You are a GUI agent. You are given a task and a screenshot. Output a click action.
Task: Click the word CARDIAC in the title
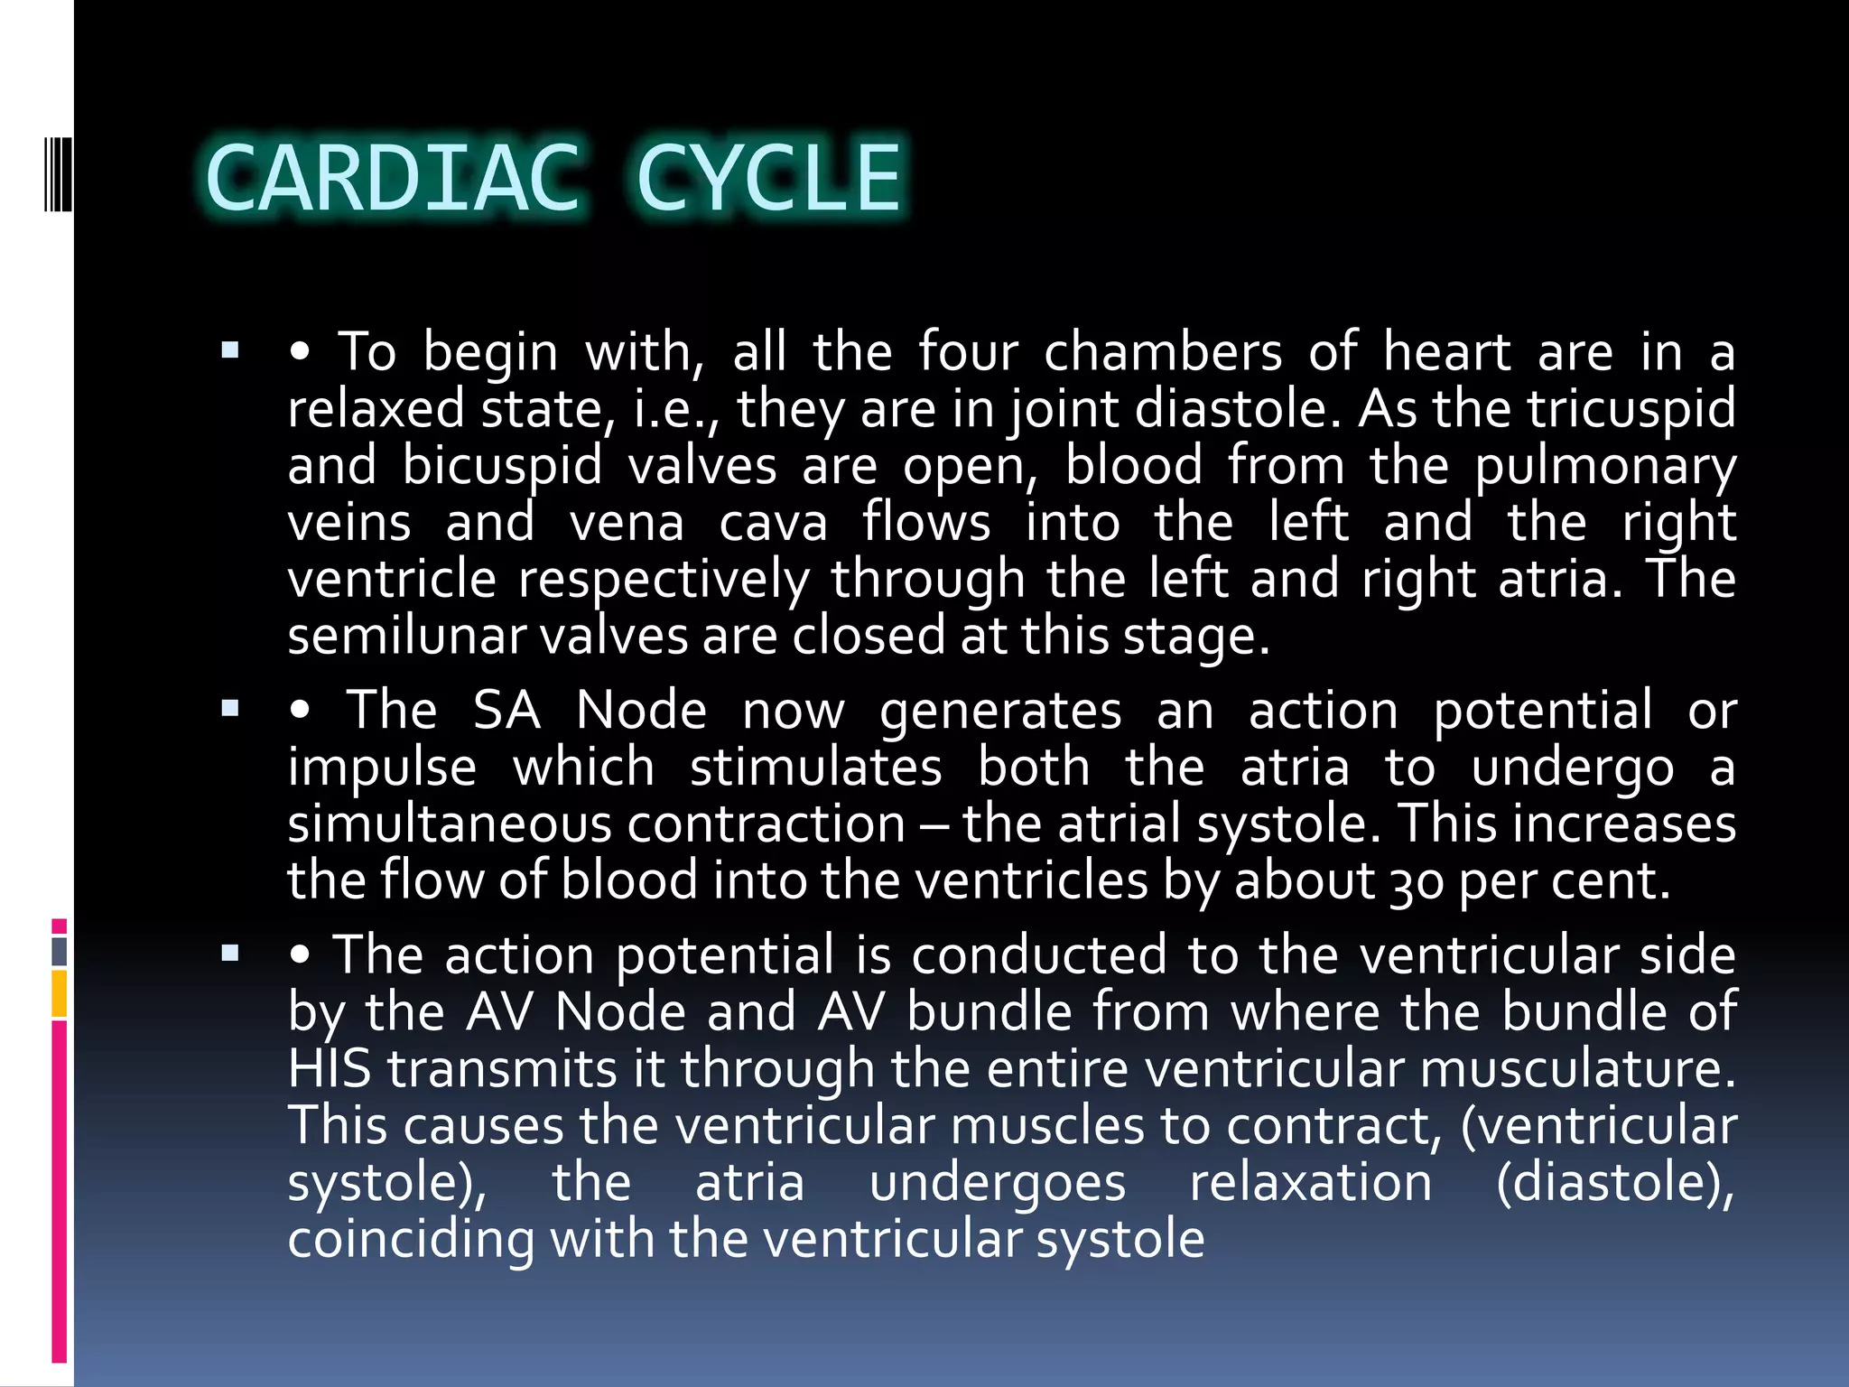tap(393, 178)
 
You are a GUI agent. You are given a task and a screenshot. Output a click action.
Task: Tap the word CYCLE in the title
tap(769, 178)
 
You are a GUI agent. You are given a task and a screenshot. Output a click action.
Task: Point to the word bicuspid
tap(501, 467)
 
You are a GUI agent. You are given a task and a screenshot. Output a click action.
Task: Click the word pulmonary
tap(1604, 467)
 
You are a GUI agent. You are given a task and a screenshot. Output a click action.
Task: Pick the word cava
tap(773, 524)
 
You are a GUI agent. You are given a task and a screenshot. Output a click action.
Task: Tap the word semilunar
tap(406, 636)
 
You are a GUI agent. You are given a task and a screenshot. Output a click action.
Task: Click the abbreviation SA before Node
tap(506, 710)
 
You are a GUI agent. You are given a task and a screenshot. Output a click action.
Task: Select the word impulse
tap(382, 768)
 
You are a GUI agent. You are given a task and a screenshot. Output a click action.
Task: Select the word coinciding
tap(411, 1239)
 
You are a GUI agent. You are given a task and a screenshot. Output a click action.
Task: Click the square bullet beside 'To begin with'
tap(230, 350)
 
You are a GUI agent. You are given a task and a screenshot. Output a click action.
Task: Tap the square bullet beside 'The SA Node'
tap(230, 709)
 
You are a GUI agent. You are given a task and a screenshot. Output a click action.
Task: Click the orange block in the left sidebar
tap(60, 994)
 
